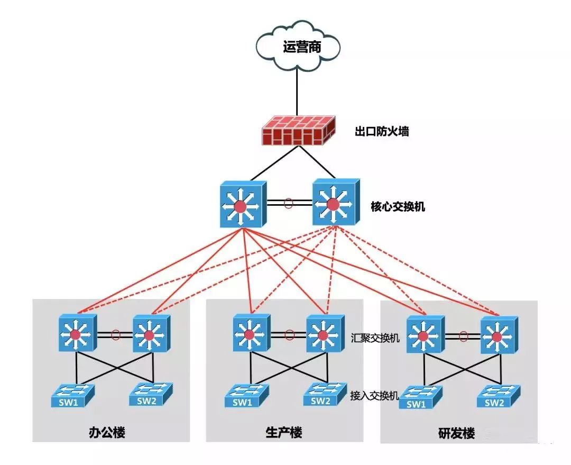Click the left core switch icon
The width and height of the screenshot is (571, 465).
(242, 205)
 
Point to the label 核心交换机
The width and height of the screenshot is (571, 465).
(398, 206)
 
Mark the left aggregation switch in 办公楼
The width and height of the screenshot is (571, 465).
(77, 333)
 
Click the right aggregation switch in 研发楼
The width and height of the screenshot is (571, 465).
(497, 335)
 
